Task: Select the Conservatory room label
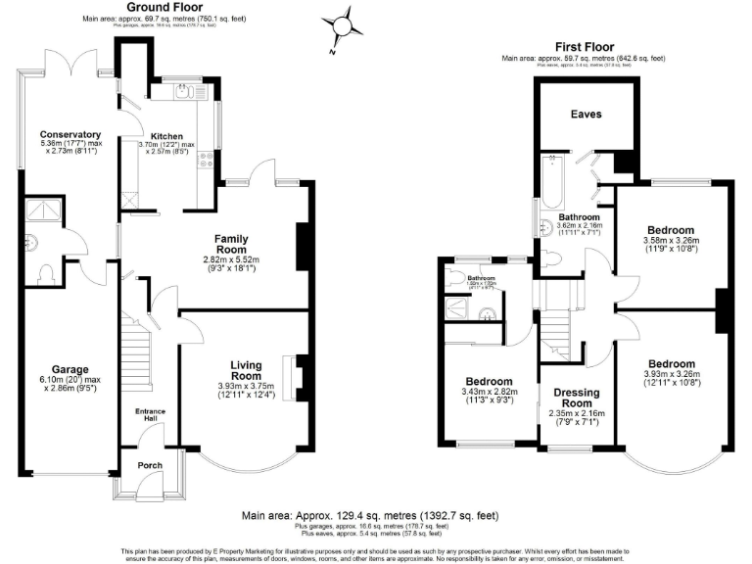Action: (70, 134)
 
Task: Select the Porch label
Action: (150, 465)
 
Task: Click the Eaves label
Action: (586, 115)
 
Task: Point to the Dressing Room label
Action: (577, 399)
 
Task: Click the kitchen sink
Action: (182, 93)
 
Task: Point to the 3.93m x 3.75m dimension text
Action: (245, 389)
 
